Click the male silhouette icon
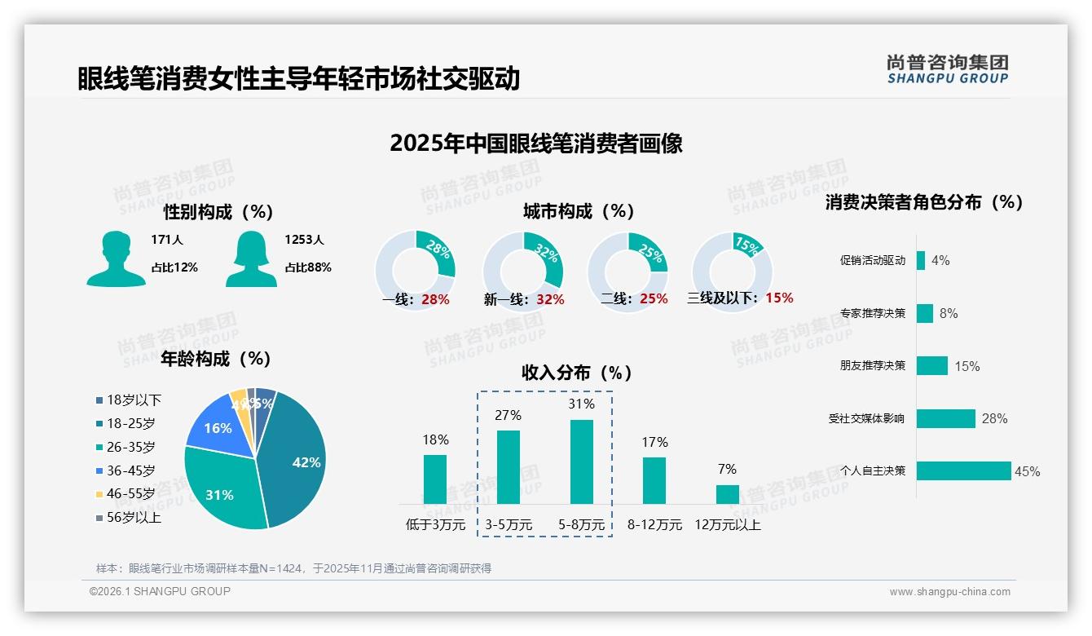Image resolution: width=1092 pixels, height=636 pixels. [x=116, y=258]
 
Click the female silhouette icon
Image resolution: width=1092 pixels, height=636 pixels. [x=251, y=258]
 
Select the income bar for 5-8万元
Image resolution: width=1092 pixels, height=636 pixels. [x=582, y=462]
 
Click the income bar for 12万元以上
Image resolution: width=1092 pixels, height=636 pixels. [x=728, y=494]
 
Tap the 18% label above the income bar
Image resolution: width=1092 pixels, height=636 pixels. [x=435, y=440]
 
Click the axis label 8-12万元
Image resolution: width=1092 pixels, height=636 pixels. [x=654, y=525]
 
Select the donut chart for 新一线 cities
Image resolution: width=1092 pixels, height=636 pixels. [x=523, y=271]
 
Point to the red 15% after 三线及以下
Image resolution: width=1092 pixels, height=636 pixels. [x=779, y=298]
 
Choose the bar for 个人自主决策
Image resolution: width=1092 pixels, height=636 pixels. [x=963, y=470]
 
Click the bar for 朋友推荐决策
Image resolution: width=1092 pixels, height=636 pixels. [x=931, y=365]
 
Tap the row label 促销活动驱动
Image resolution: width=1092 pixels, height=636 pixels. [x=873, y=261]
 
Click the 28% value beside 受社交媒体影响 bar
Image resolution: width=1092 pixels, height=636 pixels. [x=994, y=418]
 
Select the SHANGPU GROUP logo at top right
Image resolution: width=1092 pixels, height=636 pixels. [x=948, y=69]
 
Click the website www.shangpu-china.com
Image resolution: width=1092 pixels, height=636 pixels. [x=949, y=592]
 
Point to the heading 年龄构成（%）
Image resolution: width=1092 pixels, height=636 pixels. [x=216, y=359]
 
